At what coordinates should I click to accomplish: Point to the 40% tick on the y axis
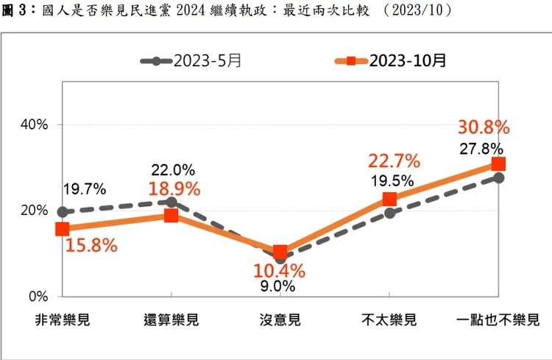click(x=34, y=124)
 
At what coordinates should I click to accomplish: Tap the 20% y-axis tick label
click(x=34, y=211)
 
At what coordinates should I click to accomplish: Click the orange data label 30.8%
click(x=484, y=127)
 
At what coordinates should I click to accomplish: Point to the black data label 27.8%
click(x=481, y=148)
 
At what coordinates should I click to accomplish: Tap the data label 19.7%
click(x=85, y=188)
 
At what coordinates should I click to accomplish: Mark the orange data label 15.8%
click(x=91, y=245)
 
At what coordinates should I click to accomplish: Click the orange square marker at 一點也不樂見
click(x=498, y=164)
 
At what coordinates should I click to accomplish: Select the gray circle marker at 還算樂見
click(x=171, y=202)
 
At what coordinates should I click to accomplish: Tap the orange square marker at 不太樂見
click(x=389, y=199)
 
